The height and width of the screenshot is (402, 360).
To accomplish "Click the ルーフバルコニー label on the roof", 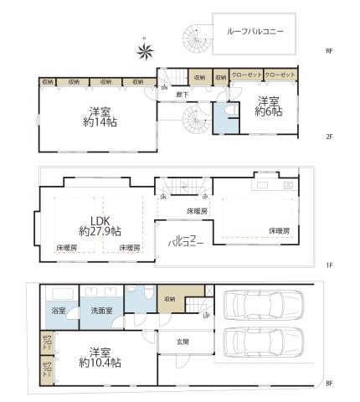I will click(x=255, y=31).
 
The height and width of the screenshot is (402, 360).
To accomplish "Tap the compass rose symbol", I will click(x=146, y=52).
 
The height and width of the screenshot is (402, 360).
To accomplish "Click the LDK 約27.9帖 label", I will click(x=100, y=224).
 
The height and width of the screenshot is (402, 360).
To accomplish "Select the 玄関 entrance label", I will click(x=183, y=341).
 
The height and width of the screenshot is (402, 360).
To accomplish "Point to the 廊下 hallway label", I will click(x=183, y=95).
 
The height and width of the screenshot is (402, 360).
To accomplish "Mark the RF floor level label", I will click(x=329, y=51).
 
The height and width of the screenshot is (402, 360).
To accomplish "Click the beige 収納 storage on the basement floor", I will click(x=169, y=300).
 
